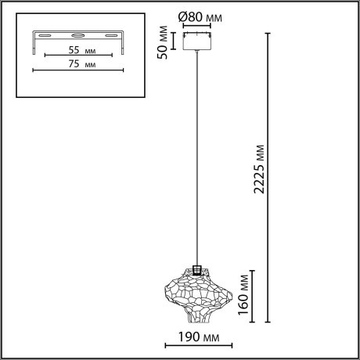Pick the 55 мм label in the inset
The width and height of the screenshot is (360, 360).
(x=70, y=49)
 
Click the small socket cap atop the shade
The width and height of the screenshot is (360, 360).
(x=196, y=268)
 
